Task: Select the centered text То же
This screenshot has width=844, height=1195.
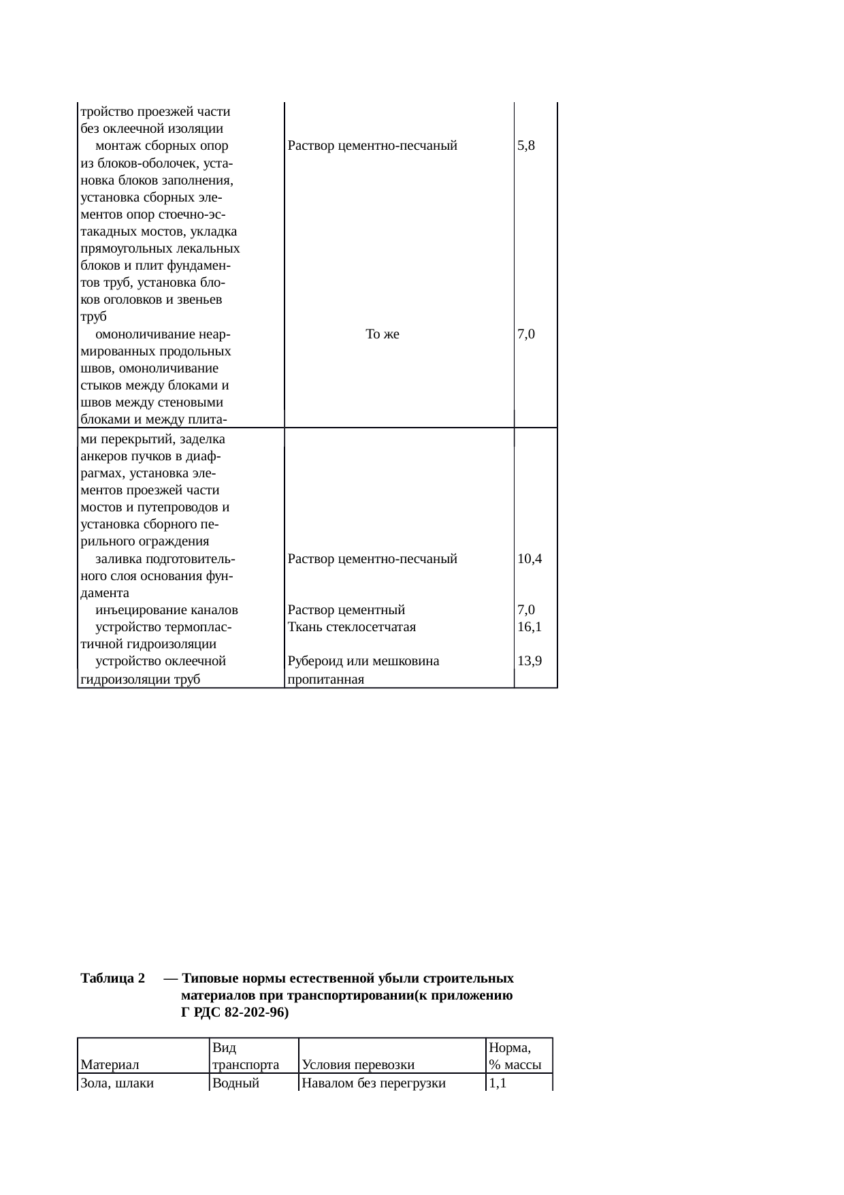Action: click(x=382, y=334)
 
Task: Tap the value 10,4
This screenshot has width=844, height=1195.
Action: click(x=529, y=559)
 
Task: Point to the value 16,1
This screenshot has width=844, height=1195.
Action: click(x=529, y=626)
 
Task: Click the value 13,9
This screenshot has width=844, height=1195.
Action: click(x=529, y=661)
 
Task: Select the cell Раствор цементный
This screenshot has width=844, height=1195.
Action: click(x=346, y=610)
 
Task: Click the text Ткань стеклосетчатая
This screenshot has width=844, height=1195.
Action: click(x=351, y=626)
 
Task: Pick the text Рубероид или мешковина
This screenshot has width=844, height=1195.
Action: click(x=363, y=661)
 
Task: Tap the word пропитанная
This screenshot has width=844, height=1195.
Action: click(x=326, y=679)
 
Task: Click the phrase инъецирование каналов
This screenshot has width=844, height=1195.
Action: click(x=167, y=610)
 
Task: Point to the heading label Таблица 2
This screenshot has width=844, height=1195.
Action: click(x=112, y=978)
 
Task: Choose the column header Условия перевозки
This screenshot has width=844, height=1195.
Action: click(x=358, y=1064)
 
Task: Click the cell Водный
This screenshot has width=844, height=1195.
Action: click(x=236, y=1083)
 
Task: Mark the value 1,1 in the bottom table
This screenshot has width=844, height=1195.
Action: click(x=498, y=1083)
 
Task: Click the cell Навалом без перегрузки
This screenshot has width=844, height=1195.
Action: click(x=373, y=1083)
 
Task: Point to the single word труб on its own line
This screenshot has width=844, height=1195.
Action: click(x=93, y=317)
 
